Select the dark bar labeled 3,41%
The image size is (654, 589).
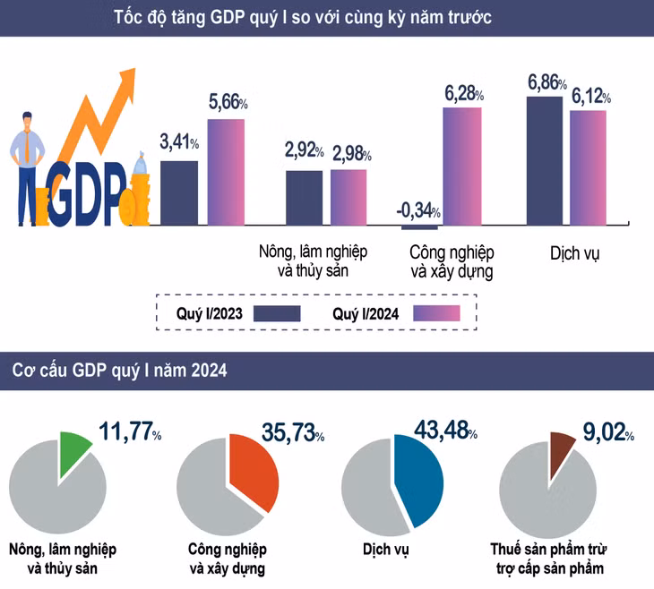click(x=179, y=192)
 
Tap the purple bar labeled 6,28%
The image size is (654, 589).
click(x=462, y=165)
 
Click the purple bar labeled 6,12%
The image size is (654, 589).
click(x=588, y=166)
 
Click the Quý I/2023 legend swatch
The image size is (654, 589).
click(x=277, y=313)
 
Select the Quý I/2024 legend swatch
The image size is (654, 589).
click(x=436, y=313)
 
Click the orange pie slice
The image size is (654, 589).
click(x=250, y=469)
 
